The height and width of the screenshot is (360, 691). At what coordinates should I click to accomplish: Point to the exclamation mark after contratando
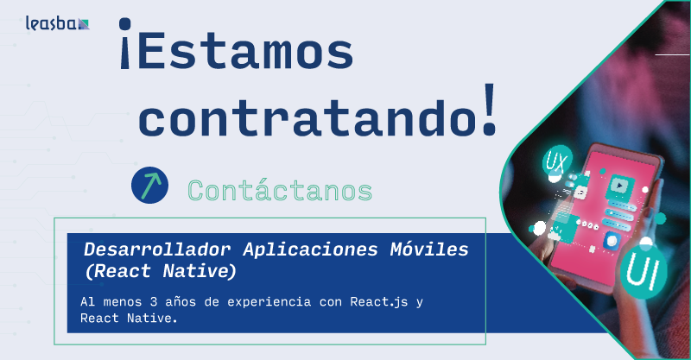[490, 109]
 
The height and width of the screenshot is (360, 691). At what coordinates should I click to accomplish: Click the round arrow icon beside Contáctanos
[149, 186]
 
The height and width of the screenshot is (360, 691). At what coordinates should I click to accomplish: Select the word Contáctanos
[280, 189]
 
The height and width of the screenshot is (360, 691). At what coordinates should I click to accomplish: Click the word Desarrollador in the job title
[157, 249]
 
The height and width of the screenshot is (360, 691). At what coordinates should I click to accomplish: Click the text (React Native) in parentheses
[160, 272]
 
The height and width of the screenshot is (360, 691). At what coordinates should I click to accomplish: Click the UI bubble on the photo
[643, 269]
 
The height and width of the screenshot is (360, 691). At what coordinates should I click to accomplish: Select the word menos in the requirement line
[117, 302]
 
